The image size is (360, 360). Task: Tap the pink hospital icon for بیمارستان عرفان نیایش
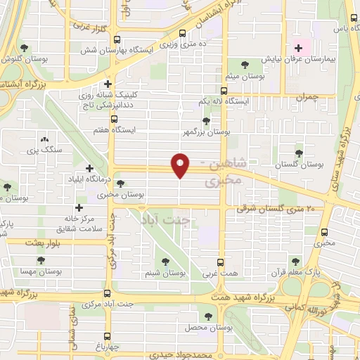[x=298, y=49]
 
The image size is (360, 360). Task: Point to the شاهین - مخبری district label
[x=224, y=174]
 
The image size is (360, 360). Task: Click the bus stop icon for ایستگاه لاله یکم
[x=224, y=91]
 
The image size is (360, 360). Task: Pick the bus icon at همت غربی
[x=220, y=262]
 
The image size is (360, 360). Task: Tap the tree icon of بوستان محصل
[x=208, y=316]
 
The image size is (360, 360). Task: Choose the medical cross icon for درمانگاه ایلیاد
[x=89, y=168]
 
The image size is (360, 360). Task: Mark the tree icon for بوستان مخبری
[x=120, y=184]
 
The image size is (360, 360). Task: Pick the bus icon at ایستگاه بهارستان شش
[x=117, y=39]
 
